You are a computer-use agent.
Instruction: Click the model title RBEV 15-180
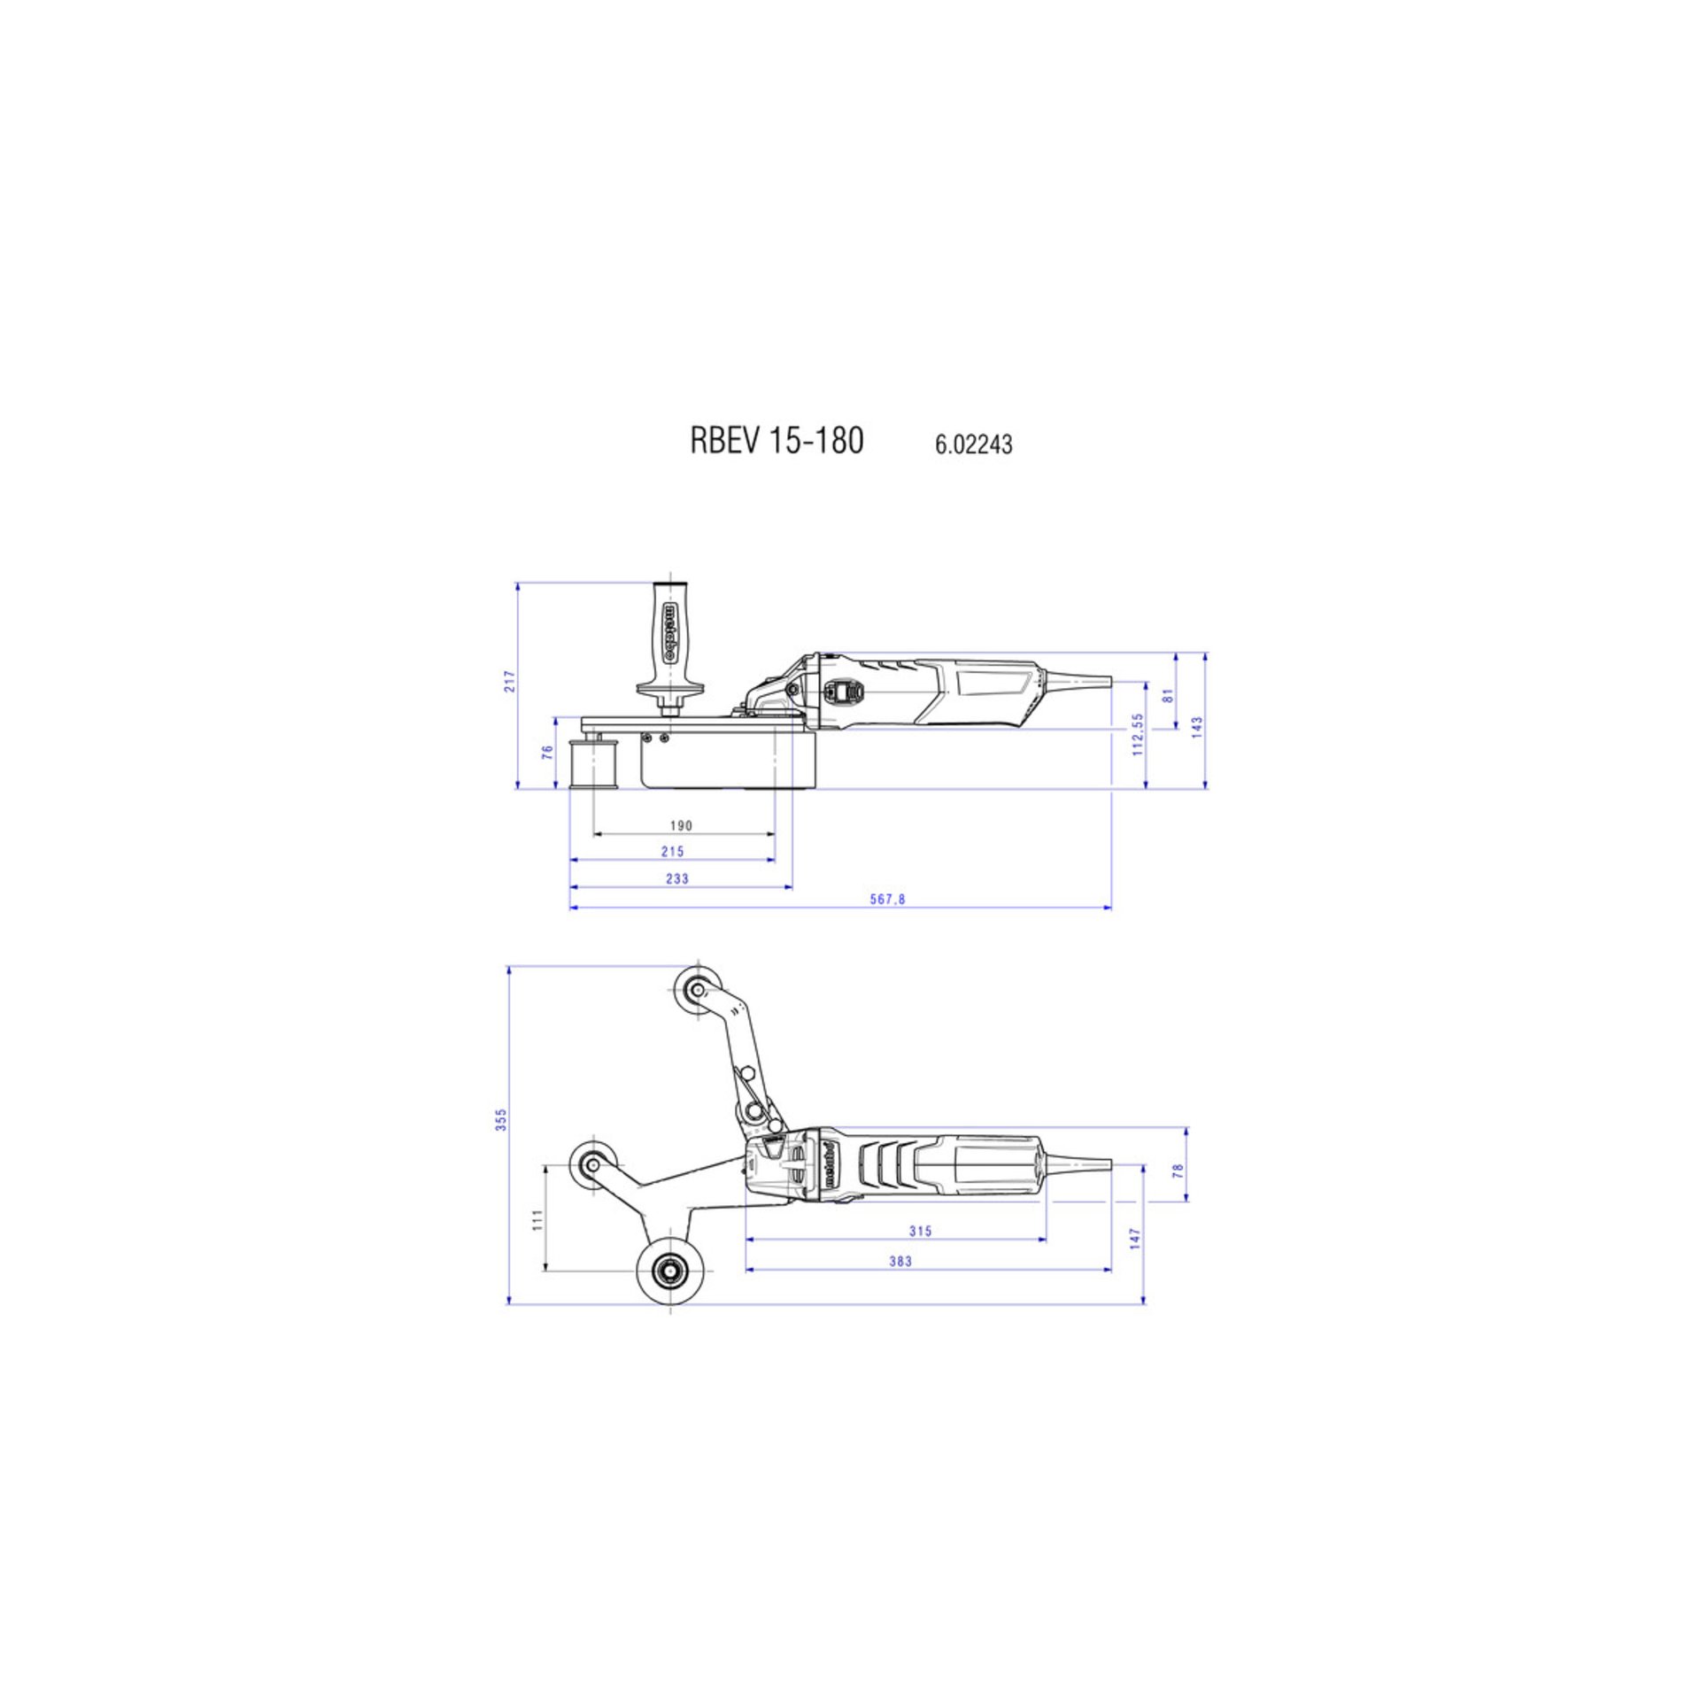(777, 441)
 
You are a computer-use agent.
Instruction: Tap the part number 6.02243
(973, 444)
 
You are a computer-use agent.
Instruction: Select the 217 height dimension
(510, 681)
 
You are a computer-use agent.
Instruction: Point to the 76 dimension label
(548, 752)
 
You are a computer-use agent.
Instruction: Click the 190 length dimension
(680, 826)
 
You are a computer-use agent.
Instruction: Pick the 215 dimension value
(672, 852)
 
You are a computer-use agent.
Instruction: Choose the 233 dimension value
(676, 879)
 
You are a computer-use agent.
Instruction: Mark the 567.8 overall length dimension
(888, 900)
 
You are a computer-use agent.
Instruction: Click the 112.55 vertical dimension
(1139, 734)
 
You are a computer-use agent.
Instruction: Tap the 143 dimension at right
(1198, 728)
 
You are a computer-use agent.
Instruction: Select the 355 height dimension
(502, 1119)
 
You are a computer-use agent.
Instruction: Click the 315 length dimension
(921, 1232)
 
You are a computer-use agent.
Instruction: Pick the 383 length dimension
(900, 1262)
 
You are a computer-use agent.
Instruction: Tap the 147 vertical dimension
(1136, 1238)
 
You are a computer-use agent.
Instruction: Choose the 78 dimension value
(1178, 1170)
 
